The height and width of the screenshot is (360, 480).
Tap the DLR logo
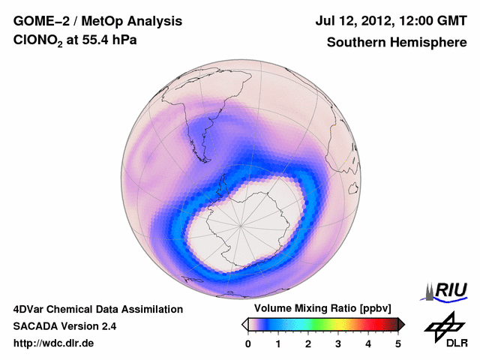[x=444, y=330]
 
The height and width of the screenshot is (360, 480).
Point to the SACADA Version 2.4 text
[x=64, y=326]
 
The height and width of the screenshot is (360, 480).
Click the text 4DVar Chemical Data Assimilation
[x=97, y=309]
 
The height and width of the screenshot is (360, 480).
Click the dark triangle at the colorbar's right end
[x=401, y=324]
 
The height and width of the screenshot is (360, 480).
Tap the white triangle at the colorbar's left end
[x=244, y=324]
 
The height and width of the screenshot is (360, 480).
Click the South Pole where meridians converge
[x=241, y=224]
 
